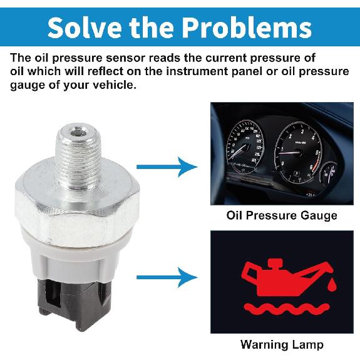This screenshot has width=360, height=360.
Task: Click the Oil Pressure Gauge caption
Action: [x=281, y=215]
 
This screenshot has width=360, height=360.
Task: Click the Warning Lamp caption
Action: [x=281, y=344]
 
